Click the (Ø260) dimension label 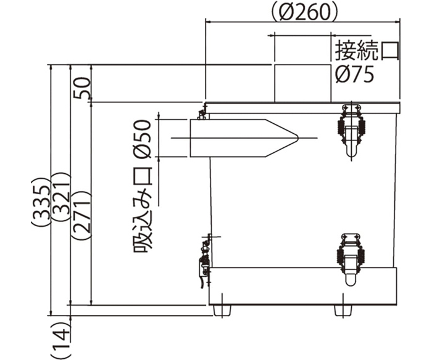pos(304,12)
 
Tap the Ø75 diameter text pos(355,74)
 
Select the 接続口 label pos(367,51)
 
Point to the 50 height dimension pos(82,88)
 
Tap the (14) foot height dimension pos(61,339)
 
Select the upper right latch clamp pos(351,130)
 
